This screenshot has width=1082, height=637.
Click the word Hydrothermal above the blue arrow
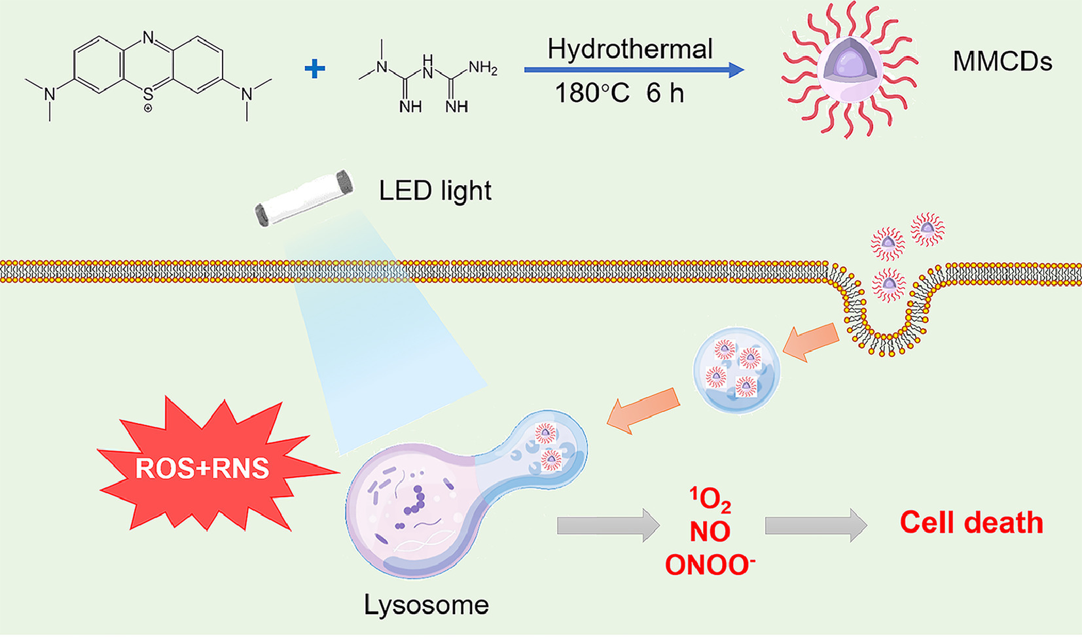pos(630,49)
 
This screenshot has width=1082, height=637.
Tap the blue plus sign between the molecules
pos(314,69)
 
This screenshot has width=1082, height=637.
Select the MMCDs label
pos(1003,61)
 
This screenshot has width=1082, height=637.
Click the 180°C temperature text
pos(592,93)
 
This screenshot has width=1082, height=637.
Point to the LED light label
pos(435,190)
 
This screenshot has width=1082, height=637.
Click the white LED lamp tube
pos(304,198)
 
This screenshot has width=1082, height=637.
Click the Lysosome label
pos(426,605)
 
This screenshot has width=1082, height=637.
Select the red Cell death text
pos(971,522)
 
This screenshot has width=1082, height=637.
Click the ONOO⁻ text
pos(710,564)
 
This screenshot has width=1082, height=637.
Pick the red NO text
pos(710,532)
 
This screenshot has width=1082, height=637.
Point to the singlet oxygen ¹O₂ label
pos(710,500)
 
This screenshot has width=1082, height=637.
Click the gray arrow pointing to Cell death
pos(816,526)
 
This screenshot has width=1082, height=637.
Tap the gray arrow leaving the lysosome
pos(609,526)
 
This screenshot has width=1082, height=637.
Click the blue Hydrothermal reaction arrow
pos(634,70)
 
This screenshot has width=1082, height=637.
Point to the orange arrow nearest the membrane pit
pos(812,341)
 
